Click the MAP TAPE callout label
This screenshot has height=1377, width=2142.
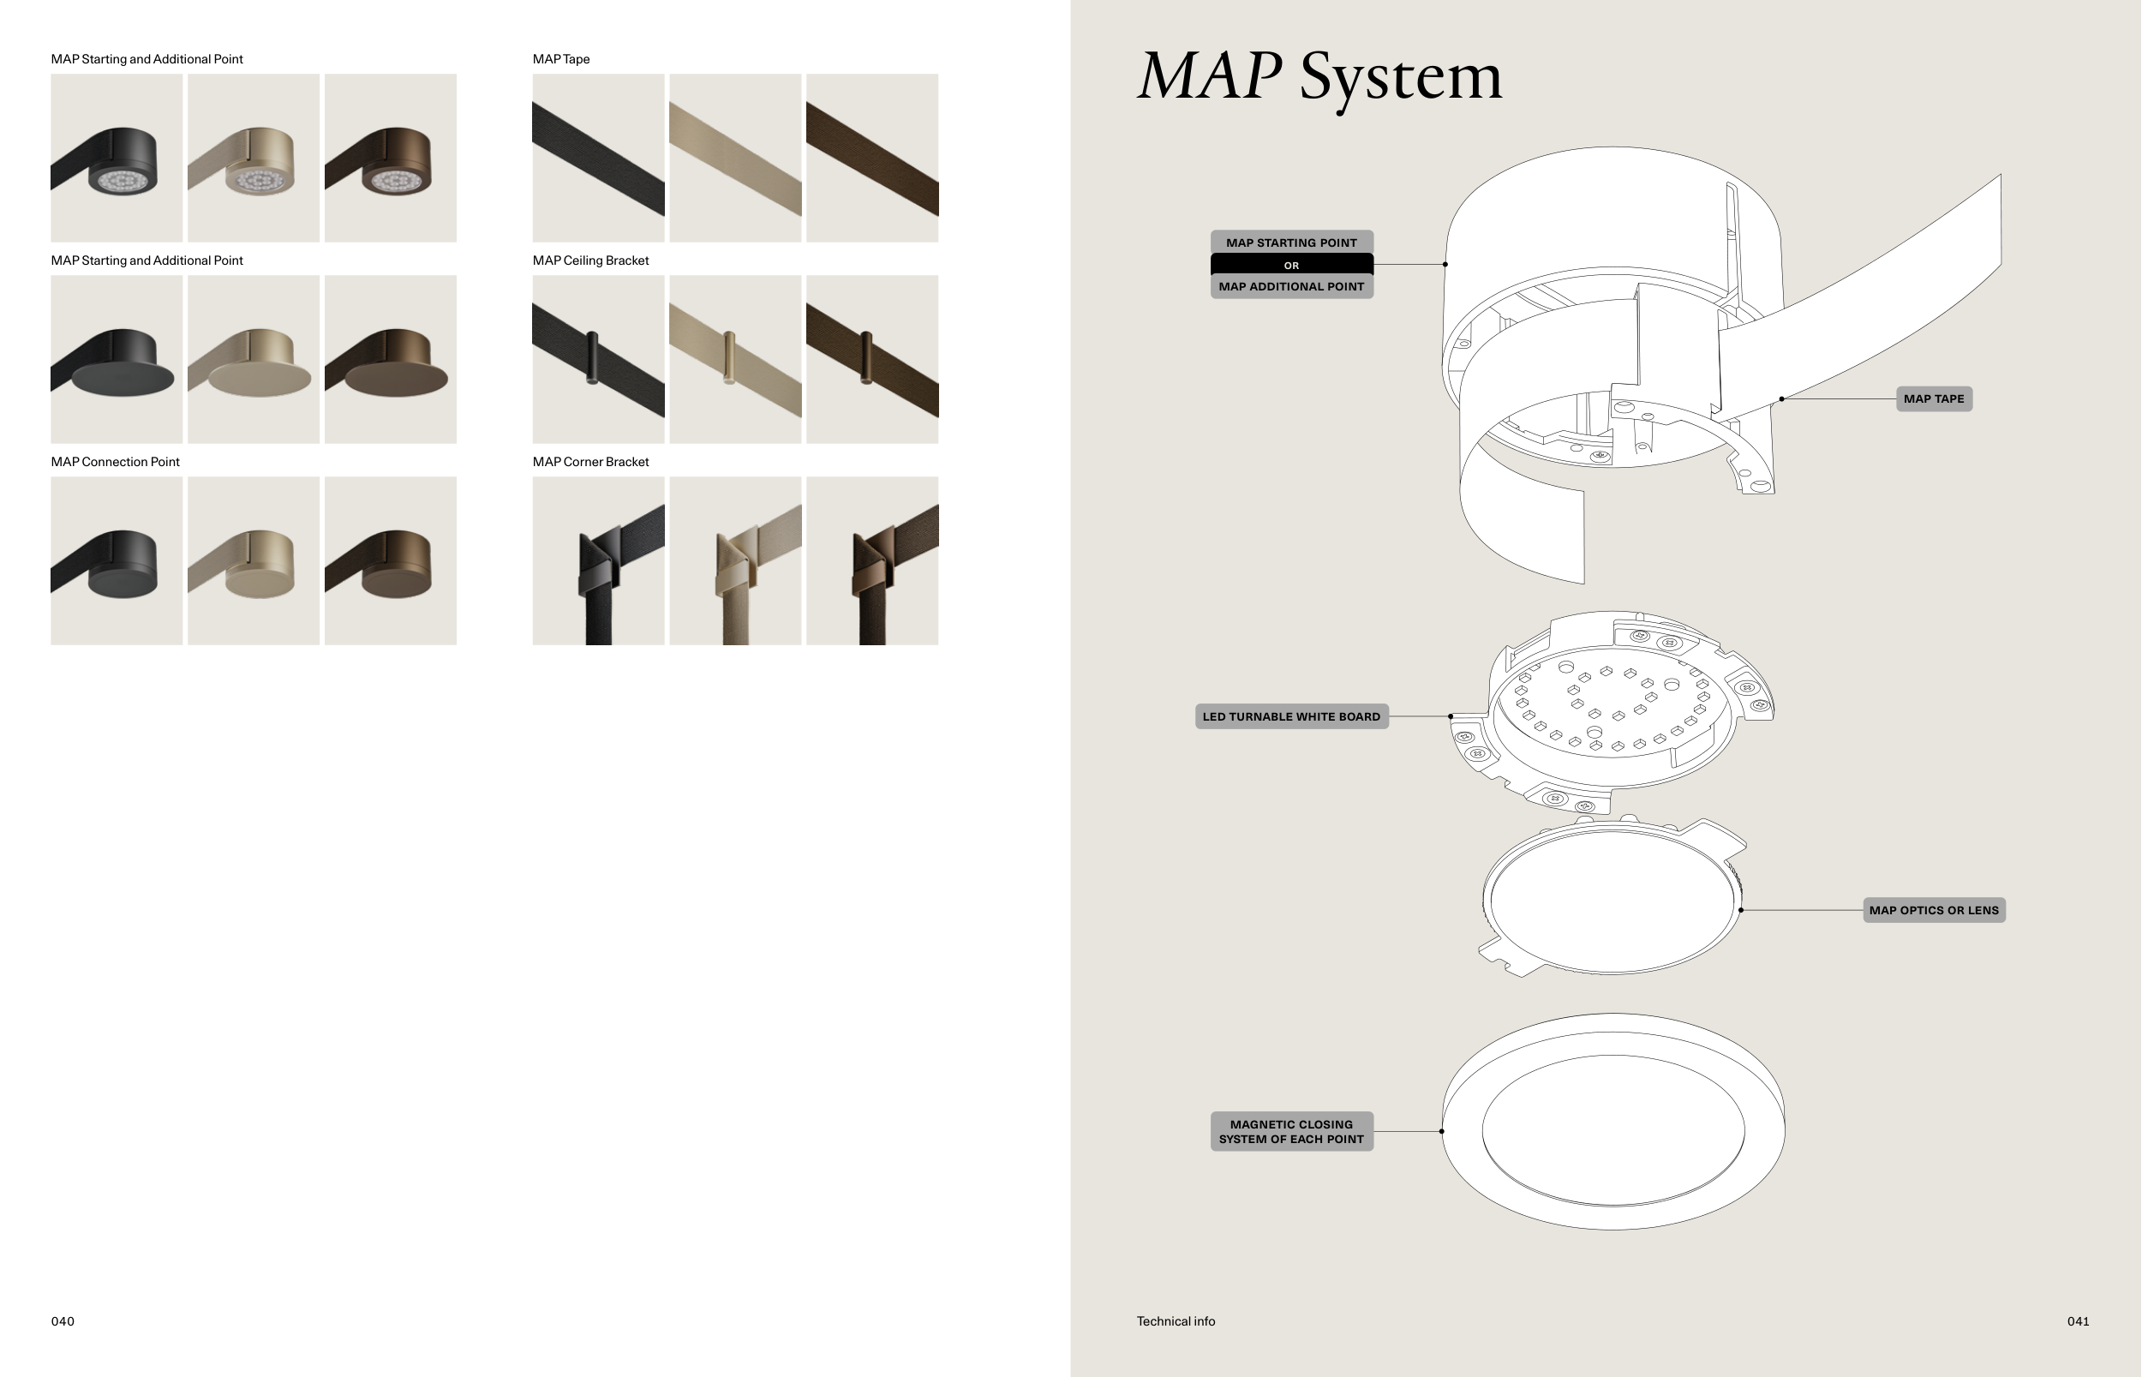pyautogui.click(x=1934, y=398)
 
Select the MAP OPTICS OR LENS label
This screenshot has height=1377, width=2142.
pyautogui.click(x=1934, y=910)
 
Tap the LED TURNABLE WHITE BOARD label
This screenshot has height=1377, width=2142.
pyautogui.click(x=1291, y=716)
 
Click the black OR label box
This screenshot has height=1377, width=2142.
pyautogui.click(x=1291, y=265)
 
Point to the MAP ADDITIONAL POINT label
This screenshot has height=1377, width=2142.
pyautogui.click(x=1291, y=286)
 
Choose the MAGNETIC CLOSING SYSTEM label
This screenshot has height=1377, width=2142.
pyautogui.click(x=1291, y=1131)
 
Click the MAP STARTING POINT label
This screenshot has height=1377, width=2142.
pyautogui.click(x=1291, y=242)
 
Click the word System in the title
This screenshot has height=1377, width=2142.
pyautogui.click(x=1400, y=79)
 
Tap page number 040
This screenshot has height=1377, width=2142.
pyautogui.click(x=63, y=1321)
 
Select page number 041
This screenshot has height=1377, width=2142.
pyautogui.click(x=2078, y=1321)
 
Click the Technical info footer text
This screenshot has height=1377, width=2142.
pyautogui.click(x=1176, y=1321)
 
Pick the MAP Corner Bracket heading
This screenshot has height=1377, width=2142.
pyautogui.click(x=591, y=462)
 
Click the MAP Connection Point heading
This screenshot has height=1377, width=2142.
pyautogui.click(x=116, y=462)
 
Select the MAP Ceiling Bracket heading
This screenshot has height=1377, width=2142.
pyautogui.click(x=591, y=261)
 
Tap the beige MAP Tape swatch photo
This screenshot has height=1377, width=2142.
pyautogui.click(x=735, y=159)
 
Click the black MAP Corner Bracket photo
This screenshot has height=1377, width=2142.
pyautogui.click(x=598, y=560)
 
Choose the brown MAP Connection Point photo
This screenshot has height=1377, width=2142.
pyautogui.click(x=390, y=560)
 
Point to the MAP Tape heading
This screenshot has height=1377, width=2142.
pyautogui.click(x=561, y=59)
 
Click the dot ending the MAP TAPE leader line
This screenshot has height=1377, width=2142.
pyautogui.click(x=1782, y=398)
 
